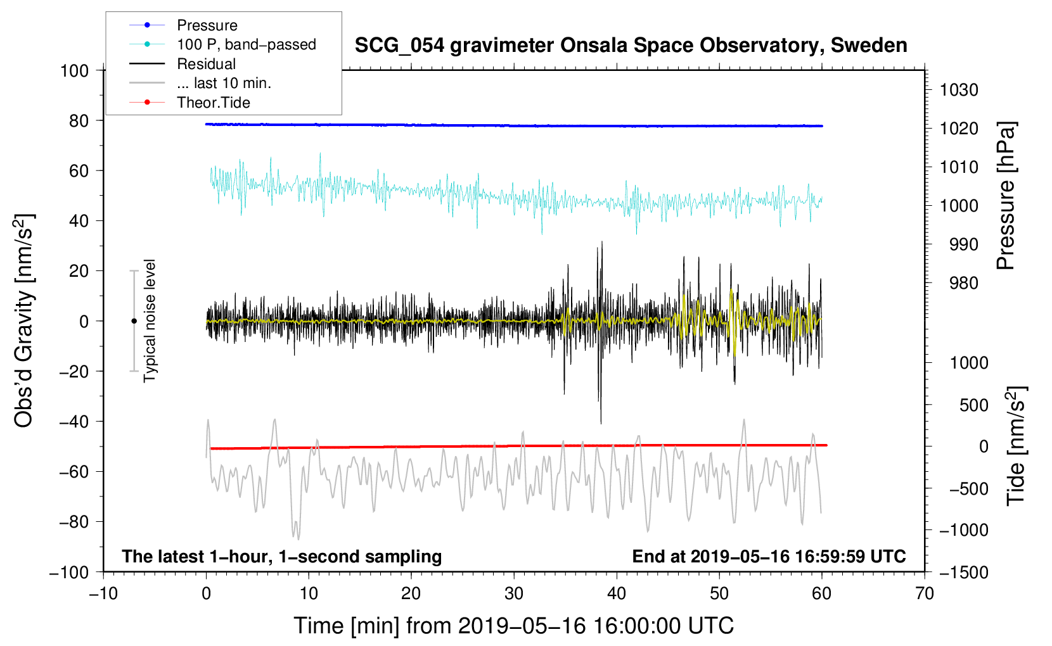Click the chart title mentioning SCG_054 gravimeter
[631, 46]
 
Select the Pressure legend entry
[207, 25]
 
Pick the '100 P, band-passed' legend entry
[246, 44]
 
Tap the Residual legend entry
[206, 64]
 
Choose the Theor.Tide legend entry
[213, 103]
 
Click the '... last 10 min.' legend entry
[224, 83]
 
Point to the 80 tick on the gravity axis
[79, 120]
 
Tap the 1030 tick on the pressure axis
[958, 90]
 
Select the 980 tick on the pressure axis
[963, 283]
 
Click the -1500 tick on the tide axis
[963, 572]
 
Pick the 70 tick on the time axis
[925, 593]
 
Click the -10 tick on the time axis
[103, 593]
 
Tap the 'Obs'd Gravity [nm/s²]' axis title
[23, 320]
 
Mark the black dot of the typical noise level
[134, 321]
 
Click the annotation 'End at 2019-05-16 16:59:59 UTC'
[769, 556]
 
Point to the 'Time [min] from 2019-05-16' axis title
[513, 626]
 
